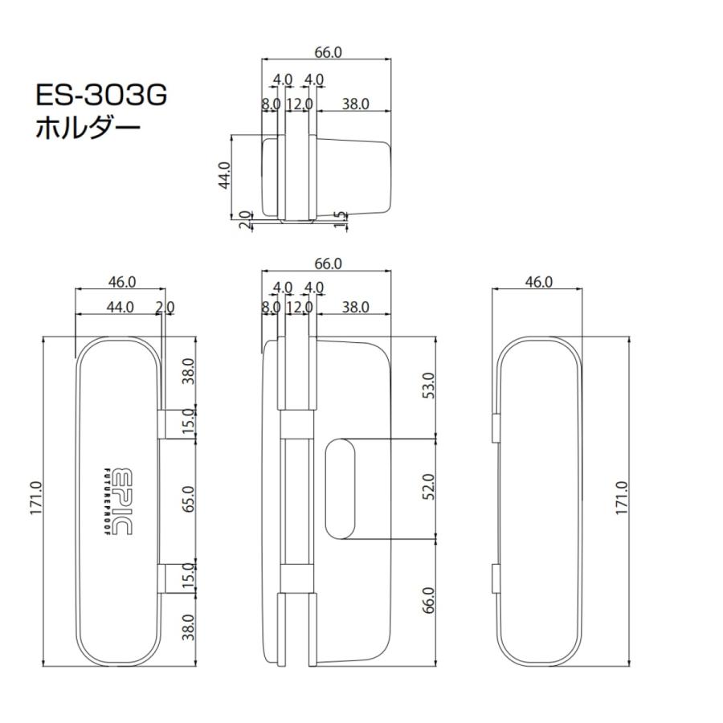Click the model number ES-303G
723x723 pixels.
click(100, 96)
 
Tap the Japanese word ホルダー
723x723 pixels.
click(88, 128)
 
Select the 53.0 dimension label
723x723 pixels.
click(427, 386)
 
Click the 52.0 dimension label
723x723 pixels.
click(427, 487)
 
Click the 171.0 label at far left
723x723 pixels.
click(38, 499)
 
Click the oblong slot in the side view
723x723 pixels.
click(341, 488)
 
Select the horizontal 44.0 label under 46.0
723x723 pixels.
click(119, 307)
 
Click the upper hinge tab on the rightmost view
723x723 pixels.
click(495, 427)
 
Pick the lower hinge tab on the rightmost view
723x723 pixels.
click(495, 578)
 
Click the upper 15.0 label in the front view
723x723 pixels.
click(187, 423)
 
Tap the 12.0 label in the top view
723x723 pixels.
click(299, 104)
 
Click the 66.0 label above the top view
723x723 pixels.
click(327, 52)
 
